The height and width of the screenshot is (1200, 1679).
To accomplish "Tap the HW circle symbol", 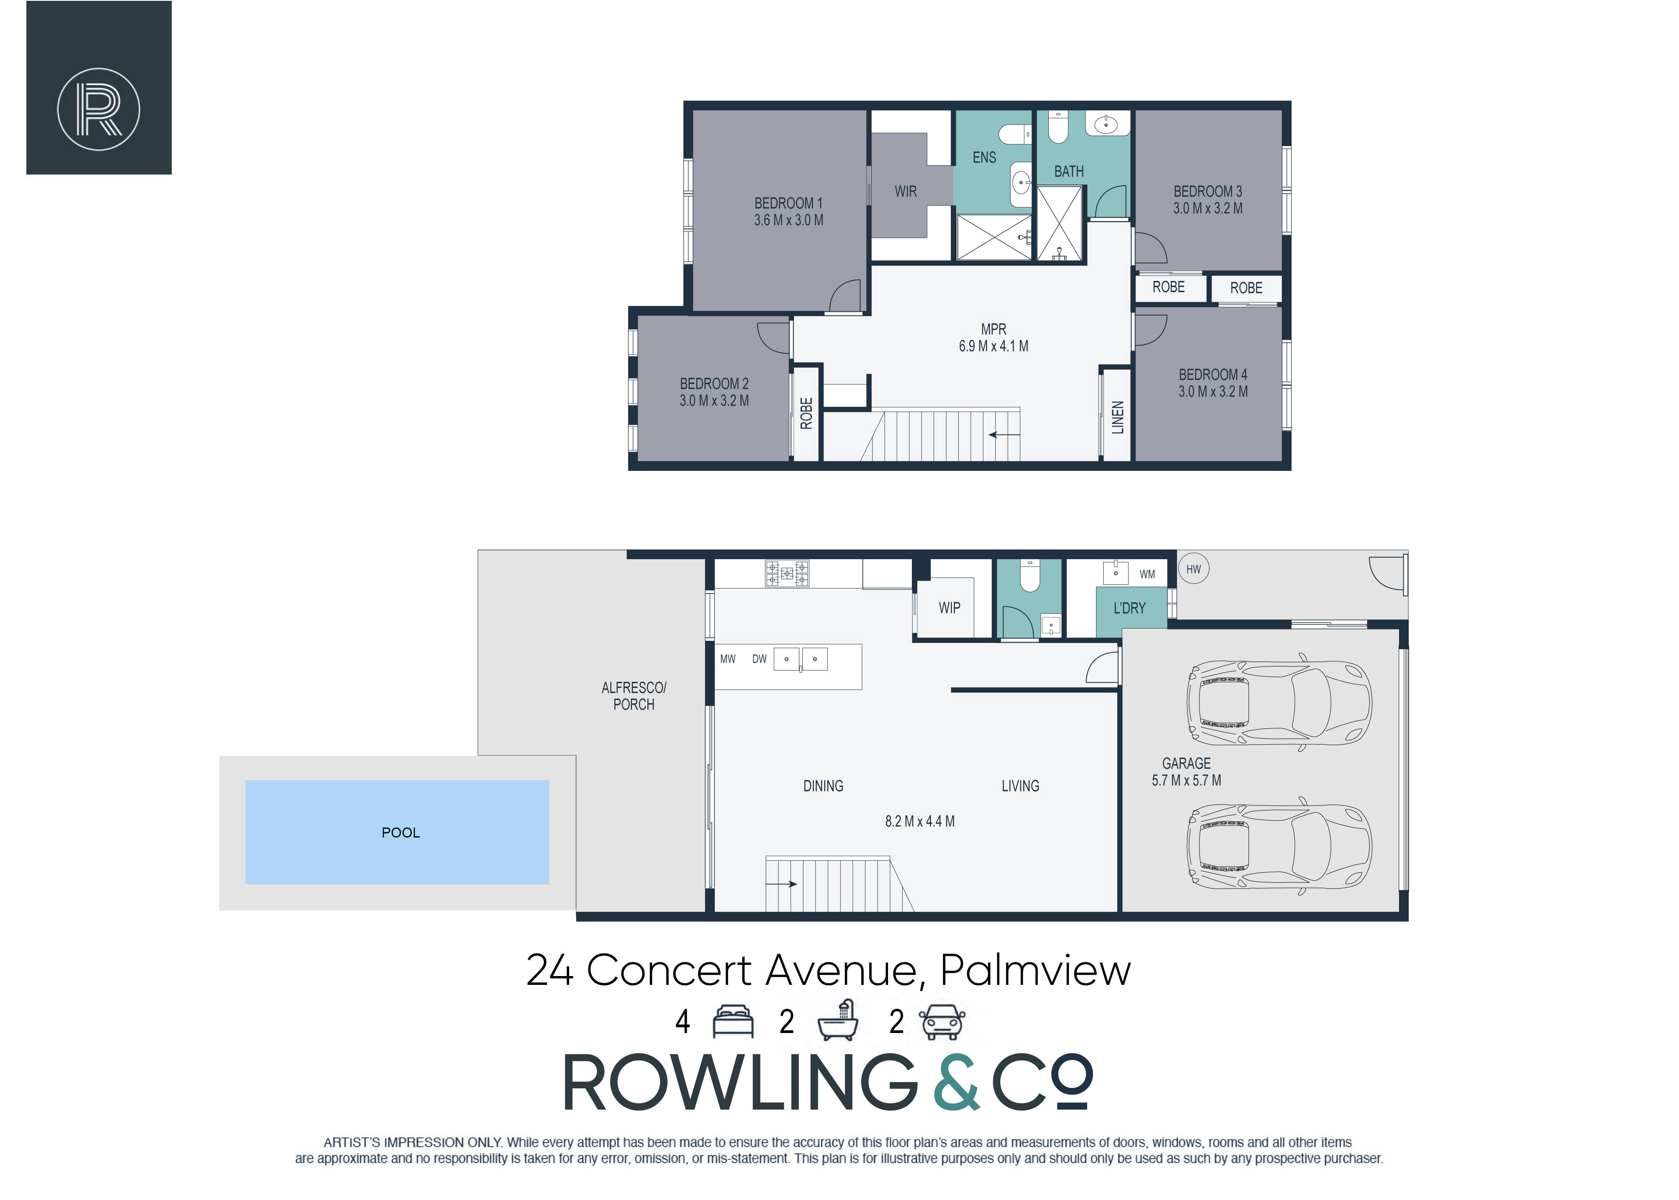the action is coord(1194,569).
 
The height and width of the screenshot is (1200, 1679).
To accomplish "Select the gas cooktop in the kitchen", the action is coord(787,573).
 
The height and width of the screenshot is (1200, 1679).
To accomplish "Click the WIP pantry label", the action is coord(949,607).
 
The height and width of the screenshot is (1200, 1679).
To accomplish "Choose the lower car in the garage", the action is coord(1279,846).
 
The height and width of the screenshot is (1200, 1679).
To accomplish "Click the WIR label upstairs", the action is coord(906,191).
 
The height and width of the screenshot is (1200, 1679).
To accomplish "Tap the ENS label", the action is coord(984,157).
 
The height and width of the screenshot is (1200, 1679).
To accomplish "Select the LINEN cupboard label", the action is coord(1118,417).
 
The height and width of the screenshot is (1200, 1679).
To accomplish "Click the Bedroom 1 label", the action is coord(788,203).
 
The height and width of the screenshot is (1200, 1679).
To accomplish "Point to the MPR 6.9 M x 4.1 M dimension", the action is coord(994,346).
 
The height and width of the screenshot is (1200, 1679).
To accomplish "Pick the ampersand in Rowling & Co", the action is coord(957,1082).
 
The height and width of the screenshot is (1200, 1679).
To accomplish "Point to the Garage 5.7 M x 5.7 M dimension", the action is coord(1186,780).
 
